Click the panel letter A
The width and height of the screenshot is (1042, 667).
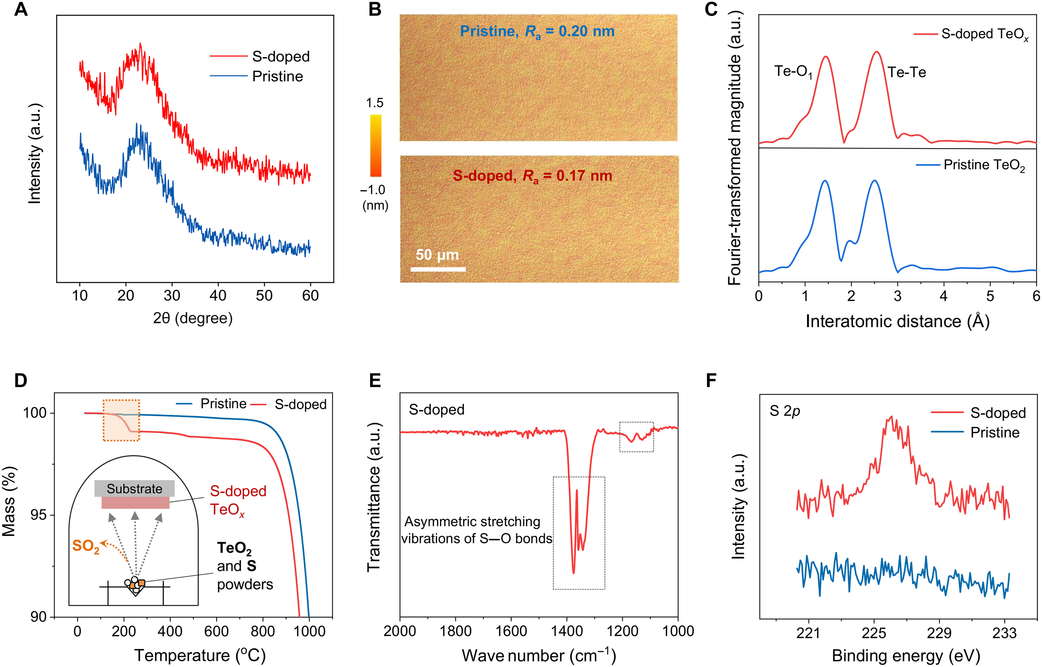(21, 9)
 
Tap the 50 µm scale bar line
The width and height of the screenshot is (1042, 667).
(438, 269)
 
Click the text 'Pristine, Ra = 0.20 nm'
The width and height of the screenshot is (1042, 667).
(537, 32)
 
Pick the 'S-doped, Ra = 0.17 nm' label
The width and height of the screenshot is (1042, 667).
(532, 176)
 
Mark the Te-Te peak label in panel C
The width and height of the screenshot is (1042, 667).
(907, 72)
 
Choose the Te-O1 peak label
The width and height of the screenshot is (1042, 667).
(793, 71)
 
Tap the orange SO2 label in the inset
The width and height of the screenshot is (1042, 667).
(86, 547)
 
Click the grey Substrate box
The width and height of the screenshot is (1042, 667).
(135, 489)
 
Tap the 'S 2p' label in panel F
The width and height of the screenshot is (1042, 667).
(785, 411)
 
